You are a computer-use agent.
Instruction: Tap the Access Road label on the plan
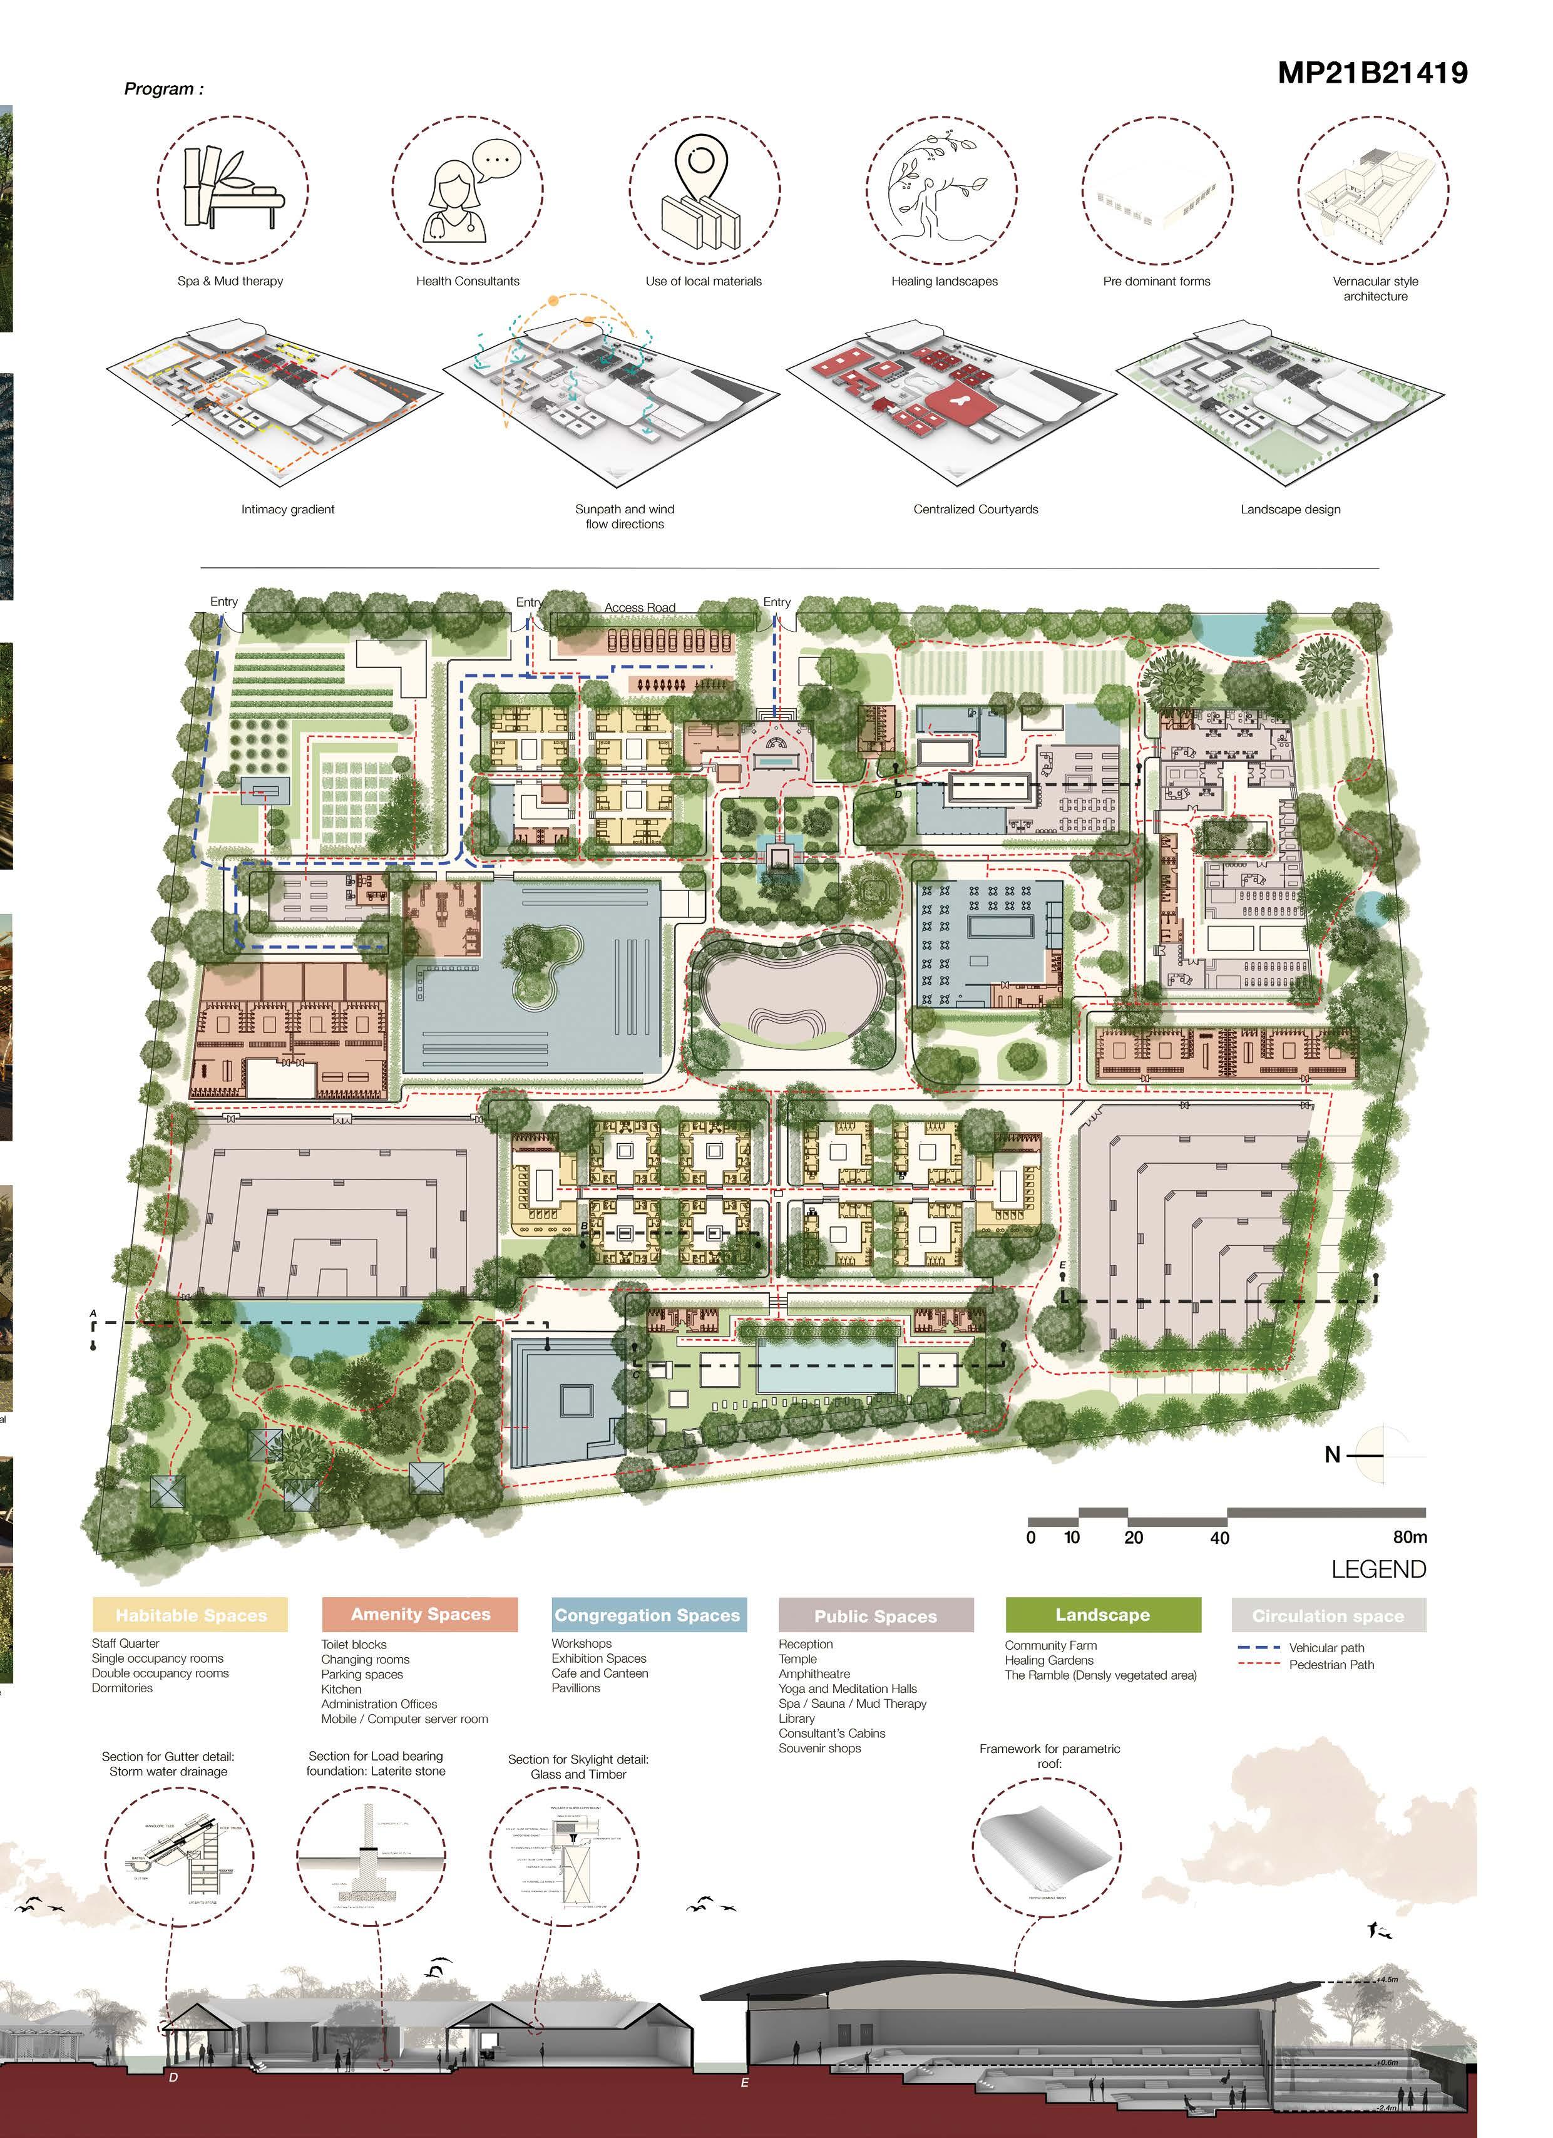(640, 608)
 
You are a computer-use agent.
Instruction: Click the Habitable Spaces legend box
(190, 1615)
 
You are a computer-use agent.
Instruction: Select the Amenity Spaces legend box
(420, 1614)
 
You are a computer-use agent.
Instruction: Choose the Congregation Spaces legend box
(648, 1615)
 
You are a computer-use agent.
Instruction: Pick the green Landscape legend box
(1102, 1614)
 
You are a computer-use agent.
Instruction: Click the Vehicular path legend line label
(1326, 1648)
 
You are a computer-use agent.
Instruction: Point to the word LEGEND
(1378, 1570)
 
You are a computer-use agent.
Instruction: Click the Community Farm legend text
(1050, 1645)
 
